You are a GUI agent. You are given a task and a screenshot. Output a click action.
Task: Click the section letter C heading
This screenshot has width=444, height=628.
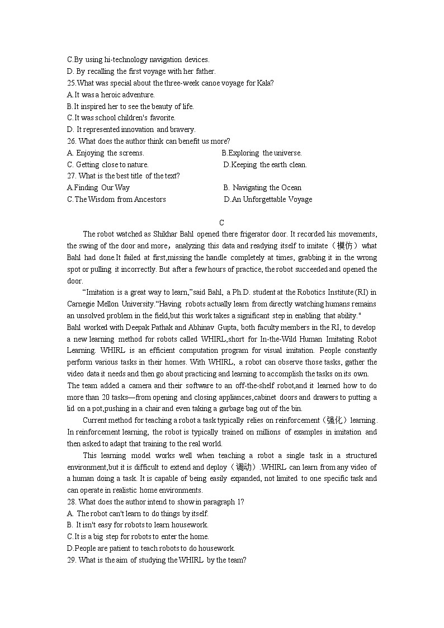(x=221, y=222)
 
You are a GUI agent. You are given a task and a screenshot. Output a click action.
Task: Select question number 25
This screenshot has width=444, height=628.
(x=72, y=83)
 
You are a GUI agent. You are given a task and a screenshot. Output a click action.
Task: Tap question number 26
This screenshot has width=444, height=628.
(x=72, y=141)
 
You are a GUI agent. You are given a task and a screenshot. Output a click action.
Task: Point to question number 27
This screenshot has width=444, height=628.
(x=72, y=176)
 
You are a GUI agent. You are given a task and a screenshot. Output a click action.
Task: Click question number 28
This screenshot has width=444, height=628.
(x=72, y=502)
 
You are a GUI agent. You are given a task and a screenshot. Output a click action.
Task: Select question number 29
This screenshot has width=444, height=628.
(x=72, y=560)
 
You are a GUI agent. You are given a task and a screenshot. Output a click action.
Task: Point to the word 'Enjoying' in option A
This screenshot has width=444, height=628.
(x=90, y=153)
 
